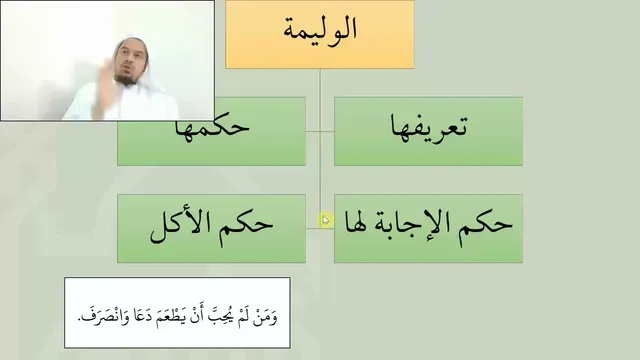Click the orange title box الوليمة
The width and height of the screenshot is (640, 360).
(x=320, y=34)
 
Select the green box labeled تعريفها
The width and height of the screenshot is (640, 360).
(x=428, y=131)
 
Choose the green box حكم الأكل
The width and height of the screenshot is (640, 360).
(x=211, y=229)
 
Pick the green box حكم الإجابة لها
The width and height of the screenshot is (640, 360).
(x=428, y=229)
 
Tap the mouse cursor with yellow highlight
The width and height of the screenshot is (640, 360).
(x=325, y=220)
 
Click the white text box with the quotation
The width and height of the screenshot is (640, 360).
(x=177, y=313)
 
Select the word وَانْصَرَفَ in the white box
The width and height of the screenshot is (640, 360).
(x=104, y=316)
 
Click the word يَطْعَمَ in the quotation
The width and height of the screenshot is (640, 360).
(x=168, y=317)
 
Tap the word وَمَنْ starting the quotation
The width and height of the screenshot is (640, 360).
(x=265, y=317)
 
